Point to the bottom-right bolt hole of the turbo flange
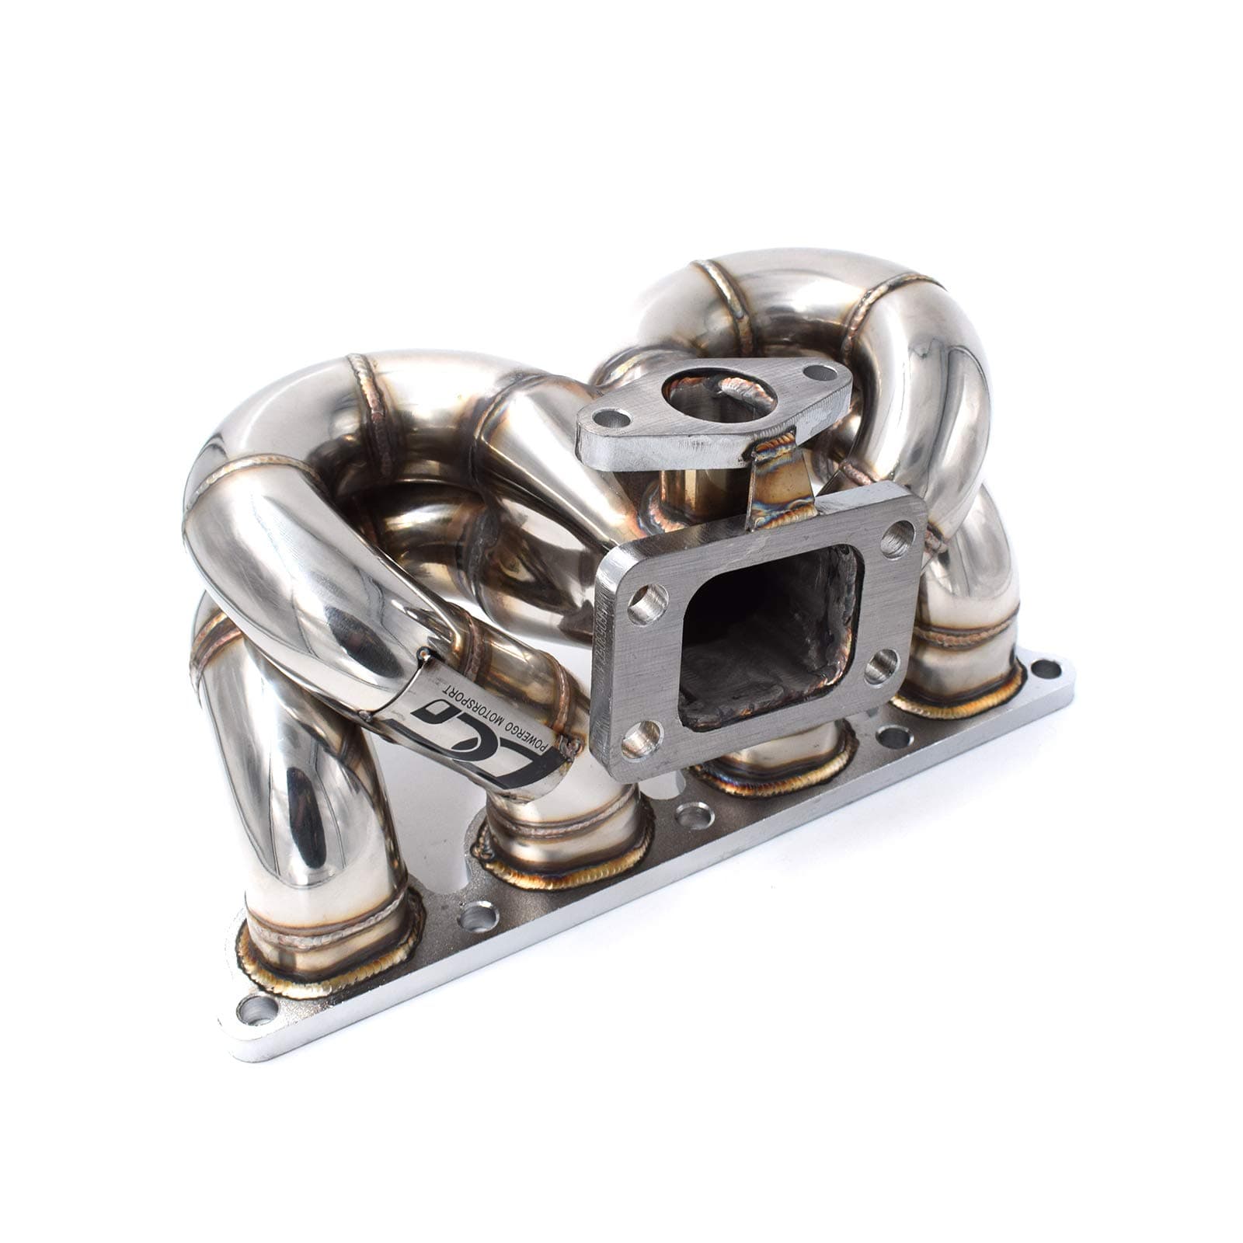point(881,666)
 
